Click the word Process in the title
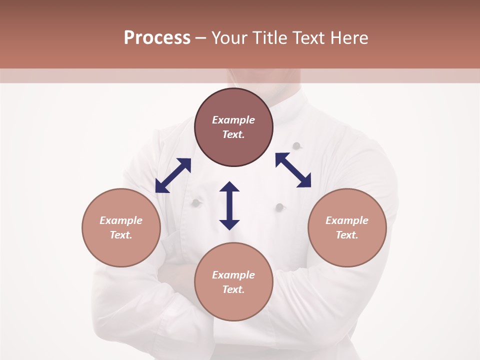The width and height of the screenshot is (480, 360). click(157, 38)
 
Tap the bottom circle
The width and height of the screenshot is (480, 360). click(233, 300)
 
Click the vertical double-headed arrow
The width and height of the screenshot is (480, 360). click(229, 205)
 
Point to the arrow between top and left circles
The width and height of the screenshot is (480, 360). click(173, 175)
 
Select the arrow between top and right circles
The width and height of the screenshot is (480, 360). click(293, 170)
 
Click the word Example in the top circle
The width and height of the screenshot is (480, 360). click(233, 120)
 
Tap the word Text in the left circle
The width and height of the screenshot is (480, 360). click(121, 235)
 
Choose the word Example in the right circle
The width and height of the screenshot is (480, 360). click(347, 220)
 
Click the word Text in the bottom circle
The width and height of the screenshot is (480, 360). click(233, 289)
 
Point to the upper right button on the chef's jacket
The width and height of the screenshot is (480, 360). click(296, 146)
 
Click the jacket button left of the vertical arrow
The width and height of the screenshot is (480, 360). click(196, 202)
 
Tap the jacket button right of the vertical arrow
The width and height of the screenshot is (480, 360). click(279, 206)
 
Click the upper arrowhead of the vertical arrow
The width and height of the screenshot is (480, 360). click(229, 187)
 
